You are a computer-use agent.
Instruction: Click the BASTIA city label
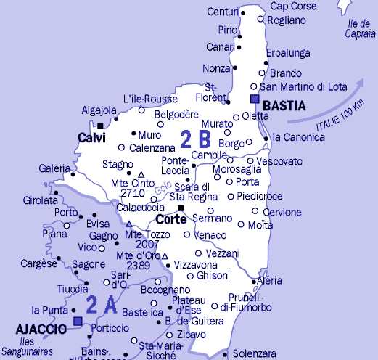tap(284, 106)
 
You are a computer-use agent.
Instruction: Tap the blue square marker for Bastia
tap(254, 99)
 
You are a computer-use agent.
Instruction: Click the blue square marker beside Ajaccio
tap(78, 320)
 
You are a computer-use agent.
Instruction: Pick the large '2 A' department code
tap(101, 304)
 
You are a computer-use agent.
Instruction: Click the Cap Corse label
tap(289, 7)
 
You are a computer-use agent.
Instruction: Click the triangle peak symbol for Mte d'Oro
tap(165, 256)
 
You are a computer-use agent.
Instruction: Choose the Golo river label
tap(160, 191)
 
